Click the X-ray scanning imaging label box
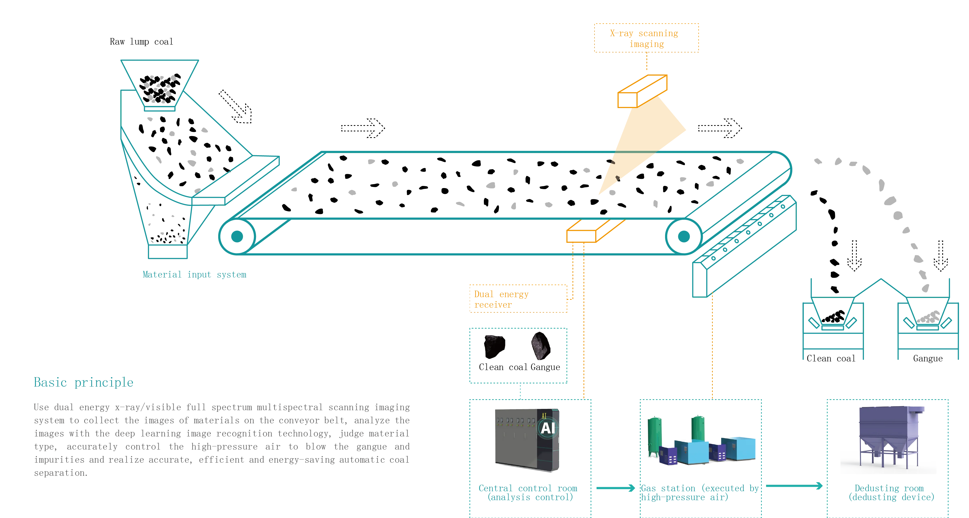[647, 38]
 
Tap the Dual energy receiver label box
[518, 298]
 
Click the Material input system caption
[195, 275]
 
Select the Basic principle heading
[83, 382]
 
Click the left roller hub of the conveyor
[237, 236]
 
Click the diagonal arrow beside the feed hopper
[235, 106]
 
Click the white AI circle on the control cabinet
[547, 428]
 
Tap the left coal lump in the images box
[494, 346]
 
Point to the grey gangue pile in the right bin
[929, 317]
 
